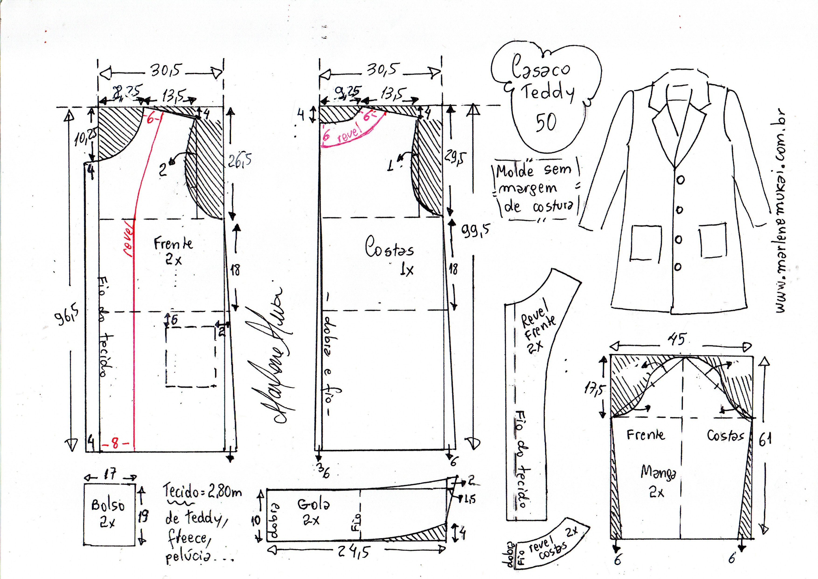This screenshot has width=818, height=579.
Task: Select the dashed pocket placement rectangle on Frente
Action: click(191, 356)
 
